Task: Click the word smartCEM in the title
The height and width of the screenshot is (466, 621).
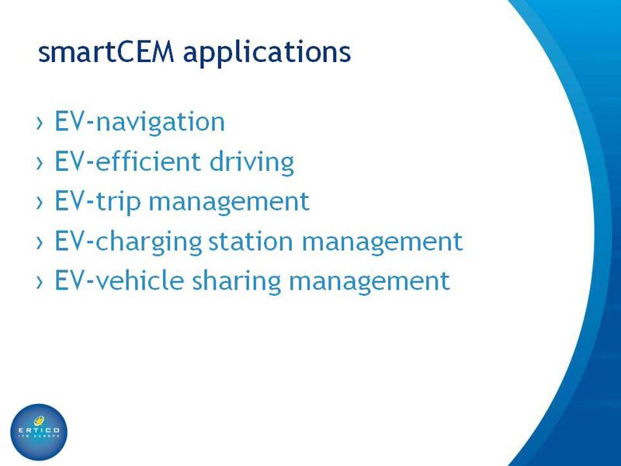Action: pos(106,52)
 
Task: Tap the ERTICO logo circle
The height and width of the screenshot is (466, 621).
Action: pos(39,432)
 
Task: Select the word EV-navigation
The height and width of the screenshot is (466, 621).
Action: pos(140,123)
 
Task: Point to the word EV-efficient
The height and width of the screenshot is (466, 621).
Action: pos(127,161)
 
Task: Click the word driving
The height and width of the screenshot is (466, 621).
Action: pos(252,163)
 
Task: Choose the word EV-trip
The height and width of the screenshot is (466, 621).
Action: pos(98,202)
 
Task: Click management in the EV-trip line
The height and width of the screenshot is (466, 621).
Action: pos(229,203)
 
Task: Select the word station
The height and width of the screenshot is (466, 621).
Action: pos(251,241)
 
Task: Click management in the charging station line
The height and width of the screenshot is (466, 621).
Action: pos(382,242)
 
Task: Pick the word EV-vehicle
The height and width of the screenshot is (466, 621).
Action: pos(120,280)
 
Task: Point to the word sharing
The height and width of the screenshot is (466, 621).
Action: pos(237,282)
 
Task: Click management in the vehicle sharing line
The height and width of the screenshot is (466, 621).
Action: pos(369,282)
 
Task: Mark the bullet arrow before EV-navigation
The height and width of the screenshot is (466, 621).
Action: pos(40,123)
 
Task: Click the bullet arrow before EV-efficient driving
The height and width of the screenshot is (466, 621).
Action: pos(40,163)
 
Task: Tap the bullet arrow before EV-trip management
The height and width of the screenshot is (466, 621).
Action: pos(40,203)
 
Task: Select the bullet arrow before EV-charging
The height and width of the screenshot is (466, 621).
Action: pos(40,242)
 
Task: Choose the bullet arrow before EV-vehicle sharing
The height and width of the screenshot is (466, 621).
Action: pos(40,282)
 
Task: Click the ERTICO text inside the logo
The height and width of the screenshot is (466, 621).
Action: pos(40,430)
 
